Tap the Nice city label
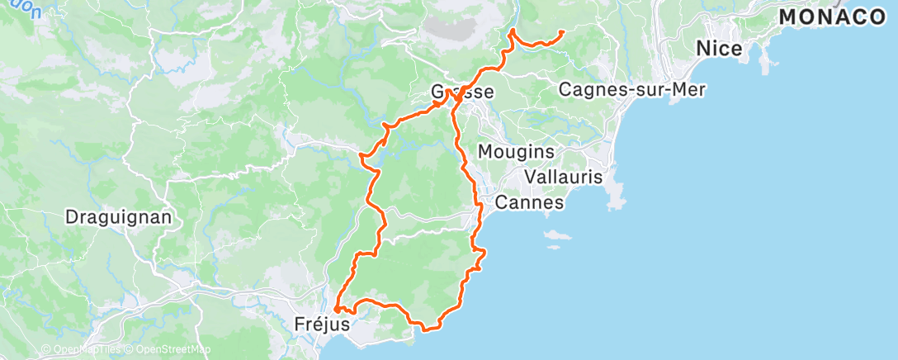coord(718,49)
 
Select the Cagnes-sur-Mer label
coord(632,90)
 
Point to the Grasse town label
coord(462,92)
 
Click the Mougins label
coord(516,152)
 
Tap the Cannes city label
coord(529,202)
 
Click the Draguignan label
coord(119,218)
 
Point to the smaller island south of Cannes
coord(551,244)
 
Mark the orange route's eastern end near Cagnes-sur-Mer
coord(562,32)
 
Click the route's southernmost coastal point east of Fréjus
coord(427,329)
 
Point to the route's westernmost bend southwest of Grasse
coord(362,154)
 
